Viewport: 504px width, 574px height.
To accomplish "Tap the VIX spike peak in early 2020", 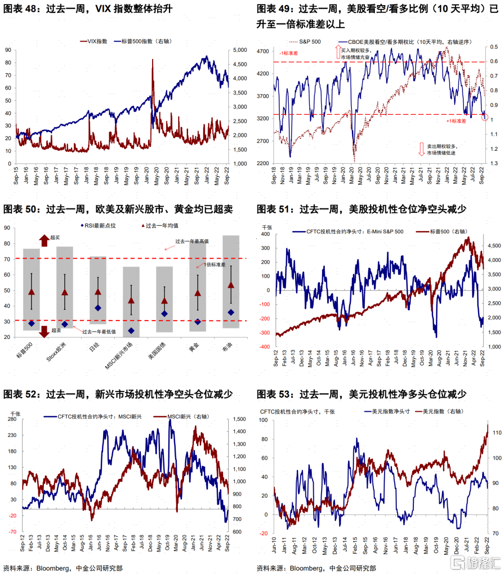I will (153, 60).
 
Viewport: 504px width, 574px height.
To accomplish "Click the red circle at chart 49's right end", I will (484, 117).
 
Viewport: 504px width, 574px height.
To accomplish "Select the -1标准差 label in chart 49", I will (288, 53).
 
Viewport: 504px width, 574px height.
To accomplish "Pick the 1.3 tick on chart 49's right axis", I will (494, 163).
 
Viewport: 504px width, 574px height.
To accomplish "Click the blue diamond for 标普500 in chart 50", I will (31, 323).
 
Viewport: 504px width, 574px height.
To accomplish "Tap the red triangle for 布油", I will (231, 285).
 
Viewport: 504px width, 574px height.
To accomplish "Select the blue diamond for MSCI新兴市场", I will (131, 331).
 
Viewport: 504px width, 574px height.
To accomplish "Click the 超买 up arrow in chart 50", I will (44, 240).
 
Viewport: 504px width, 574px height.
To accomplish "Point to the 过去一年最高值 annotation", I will (192, 241).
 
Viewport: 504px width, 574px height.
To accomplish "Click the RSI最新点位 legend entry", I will (100, 225).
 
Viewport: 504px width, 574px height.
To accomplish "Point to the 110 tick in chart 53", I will (497, 433).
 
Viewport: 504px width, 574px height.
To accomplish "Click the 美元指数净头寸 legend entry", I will (391, 412).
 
